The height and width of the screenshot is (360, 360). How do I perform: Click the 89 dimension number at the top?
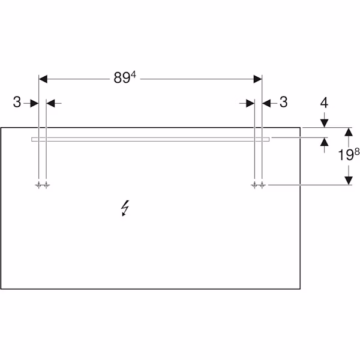122,78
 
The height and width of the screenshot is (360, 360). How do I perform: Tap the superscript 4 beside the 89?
133,74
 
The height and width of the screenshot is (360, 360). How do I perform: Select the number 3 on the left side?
17,102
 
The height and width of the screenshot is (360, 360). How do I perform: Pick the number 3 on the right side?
284,102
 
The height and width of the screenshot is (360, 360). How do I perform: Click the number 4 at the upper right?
324,103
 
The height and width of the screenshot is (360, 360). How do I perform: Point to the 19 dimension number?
346,155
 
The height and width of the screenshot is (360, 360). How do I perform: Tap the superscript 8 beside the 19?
357,152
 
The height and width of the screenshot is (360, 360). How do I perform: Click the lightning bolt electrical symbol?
125,208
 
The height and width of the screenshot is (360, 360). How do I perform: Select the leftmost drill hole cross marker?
38,185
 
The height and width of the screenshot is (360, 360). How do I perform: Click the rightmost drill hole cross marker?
262,185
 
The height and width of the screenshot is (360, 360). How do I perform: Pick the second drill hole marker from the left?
46,185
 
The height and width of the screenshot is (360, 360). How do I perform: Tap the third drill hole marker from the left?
254,185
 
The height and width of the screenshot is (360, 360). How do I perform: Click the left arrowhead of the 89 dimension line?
43,79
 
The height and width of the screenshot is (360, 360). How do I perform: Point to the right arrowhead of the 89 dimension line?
257,79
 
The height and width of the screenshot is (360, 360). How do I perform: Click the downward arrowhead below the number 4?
324,124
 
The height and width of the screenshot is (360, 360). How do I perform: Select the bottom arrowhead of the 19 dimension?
349,181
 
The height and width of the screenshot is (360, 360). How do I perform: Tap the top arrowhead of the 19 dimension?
349,132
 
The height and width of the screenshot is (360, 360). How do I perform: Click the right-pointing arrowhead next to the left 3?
34,104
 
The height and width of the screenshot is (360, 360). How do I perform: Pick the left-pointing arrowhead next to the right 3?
266,104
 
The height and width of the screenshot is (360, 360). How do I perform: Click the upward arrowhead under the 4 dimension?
324,142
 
